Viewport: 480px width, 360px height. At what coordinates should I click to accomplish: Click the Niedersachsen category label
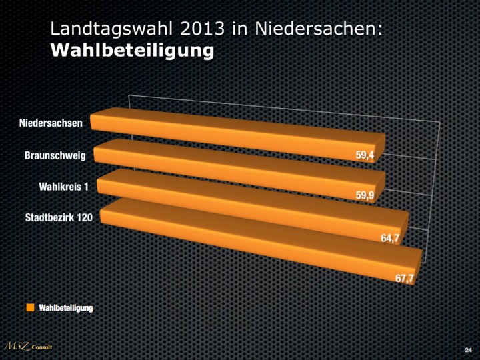click(51, 123)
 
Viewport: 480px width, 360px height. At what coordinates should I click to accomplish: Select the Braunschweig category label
click(55, 155)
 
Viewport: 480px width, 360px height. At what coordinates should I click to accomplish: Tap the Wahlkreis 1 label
click(64, 186)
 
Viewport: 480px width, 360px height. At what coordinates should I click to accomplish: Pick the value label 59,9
click(365, 195)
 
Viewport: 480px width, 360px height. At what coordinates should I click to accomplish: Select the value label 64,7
click(391, 238)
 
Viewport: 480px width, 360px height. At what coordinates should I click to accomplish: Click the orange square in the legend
click(30, 307)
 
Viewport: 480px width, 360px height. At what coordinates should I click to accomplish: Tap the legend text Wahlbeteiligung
click(66, 307)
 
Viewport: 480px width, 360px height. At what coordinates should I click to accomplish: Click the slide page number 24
click(467, 349)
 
